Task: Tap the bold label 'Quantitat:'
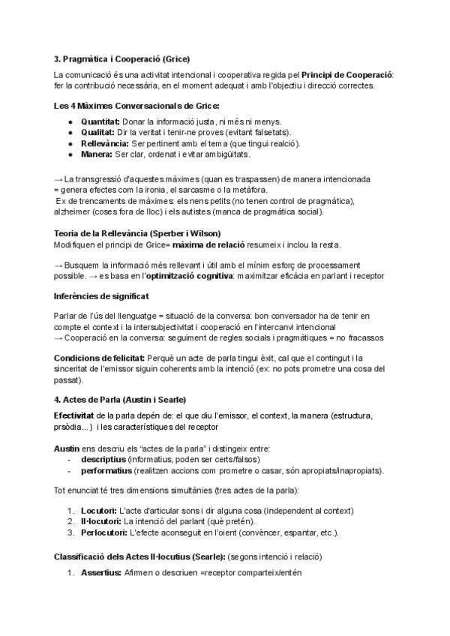point(100,121)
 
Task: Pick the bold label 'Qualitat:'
point(98,132)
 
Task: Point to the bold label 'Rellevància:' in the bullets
point(104,143)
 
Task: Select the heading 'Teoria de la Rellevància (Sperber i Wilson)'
point(137,233)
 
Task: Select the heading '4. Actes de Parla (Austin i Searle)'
point(120,398)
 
